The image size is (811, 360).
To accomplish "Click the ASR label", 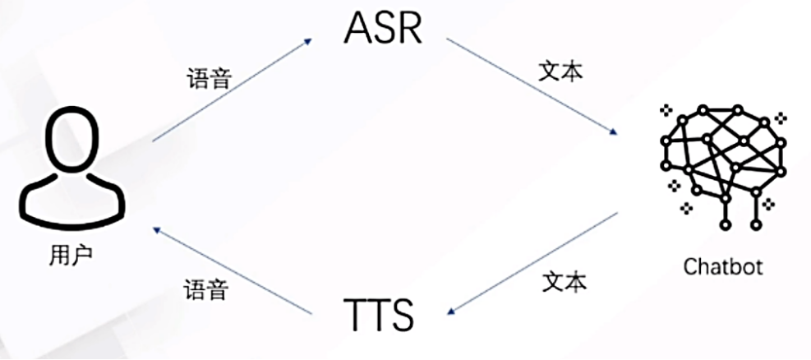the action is [383, 30].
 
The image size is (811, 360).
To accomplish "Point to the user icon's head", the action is [71, 139].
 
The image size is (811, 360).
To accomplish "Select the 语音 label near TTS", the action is [205, 290].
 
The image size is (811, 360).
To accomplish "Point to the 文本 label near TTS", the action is [565, 282].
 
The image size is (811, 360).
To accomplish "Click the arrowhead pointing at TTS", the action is [449, 310].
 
